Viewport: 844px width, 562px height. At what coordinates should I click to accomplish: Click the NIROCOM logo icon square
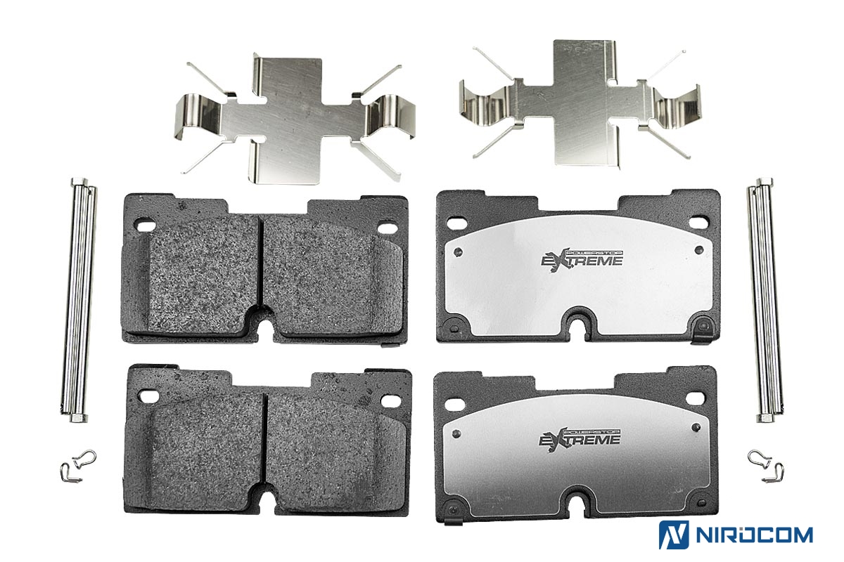pyautogui.click(x=674, y=535)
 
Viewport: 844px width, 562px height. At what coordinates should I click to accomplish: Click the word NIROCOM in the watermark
pyautogui.click(x=754, y=535)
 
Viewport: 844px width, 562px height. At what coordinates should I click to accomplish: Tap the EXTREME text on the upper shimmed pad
pyautogui.click(x=582, y=261)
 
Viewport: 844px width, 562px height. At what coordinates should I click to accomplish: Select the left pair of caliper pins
pyautogui.click(x=78, y=300)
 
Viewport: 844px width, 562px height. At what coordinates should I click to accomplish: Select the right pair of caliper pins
pyautogui.click(x=765, y=300)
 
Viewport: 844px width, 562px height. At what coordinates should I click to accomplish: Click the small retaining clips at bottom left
pyautogui.click(x=78, y=466)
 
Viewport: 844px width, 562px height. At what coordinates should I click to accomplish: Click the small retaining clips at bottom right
pyautogui.click(x=766, y=466)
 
